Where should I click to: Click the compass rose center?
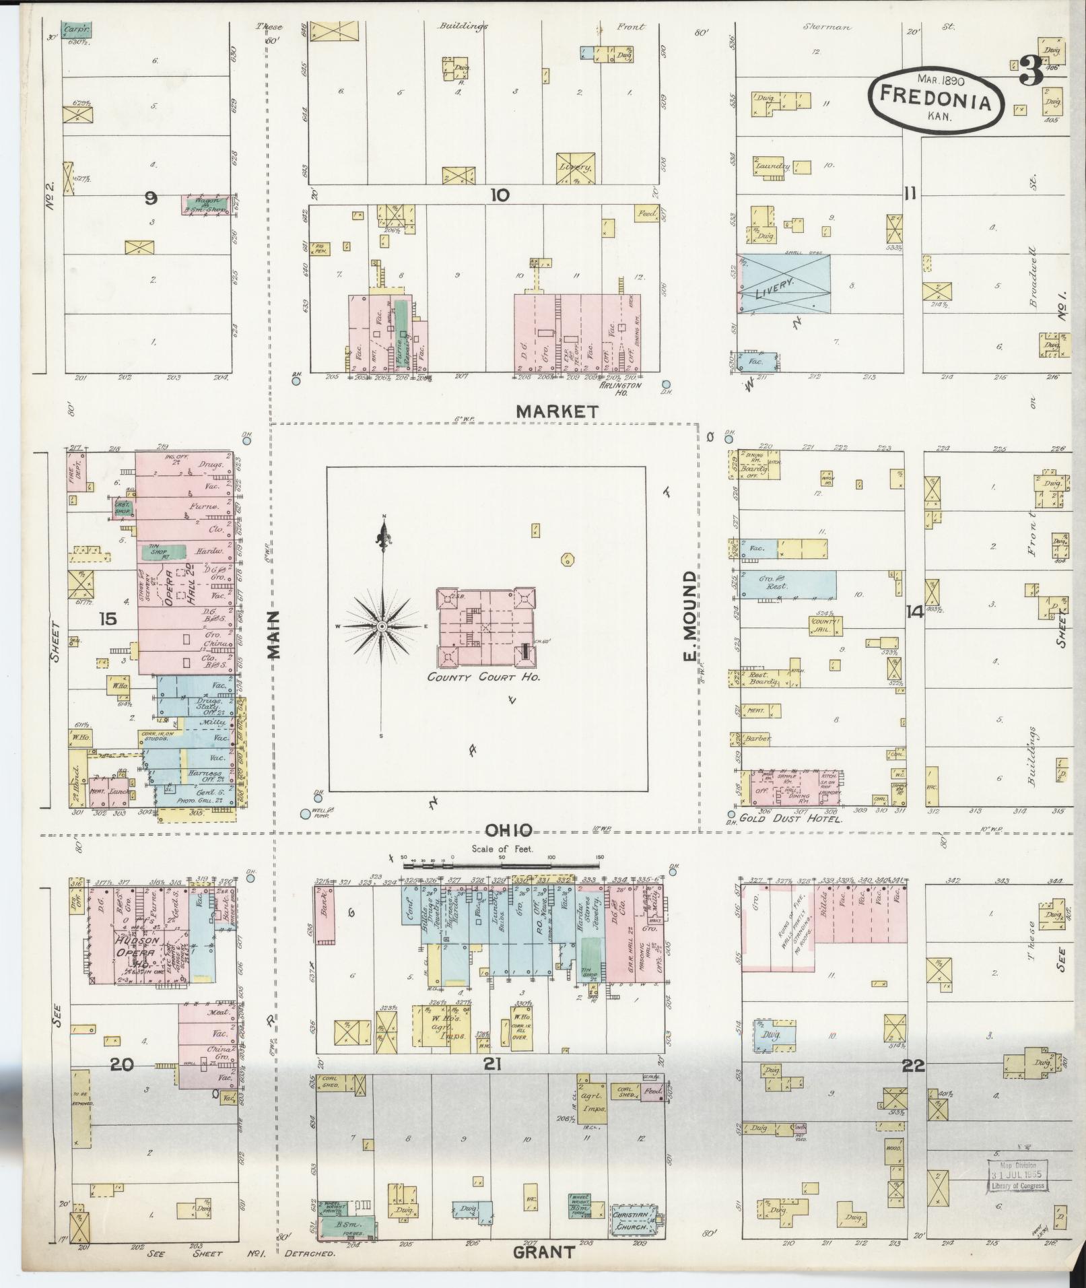tap(382, 626)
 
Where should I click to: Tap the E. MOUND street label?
tap(689, 616)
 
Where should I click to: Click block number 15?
tap(107, 617)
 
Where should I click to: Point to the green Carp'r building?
tap(76, 30)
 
